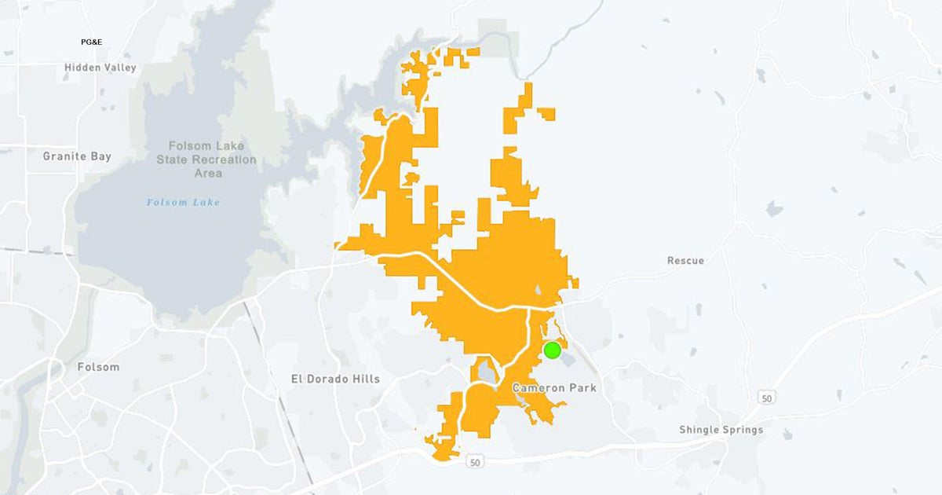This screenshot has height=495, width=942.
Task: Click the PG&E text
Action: pos(91,41)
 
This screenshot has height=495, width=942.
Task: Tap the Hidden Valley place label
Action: pos(100,68)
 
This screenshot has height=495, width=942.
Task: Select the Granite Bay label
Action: pos(77,156)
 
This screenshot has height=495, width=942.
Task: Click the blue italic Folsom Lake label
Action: pos(184,203)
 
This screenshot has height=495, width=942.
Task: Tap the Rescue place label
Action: pos(685,260)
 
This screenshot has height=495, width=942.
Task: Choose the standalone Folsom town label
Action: pos(98,367)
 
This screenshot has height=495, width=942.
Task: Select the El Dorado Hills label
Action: pos(335,379)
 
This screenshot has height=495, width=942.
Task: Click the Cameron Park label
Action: pos(554,388)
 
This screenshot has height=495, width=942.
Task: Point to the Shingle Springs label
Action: pos(721,430)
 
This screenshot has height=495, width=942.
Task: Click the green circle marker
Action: pos(552,350)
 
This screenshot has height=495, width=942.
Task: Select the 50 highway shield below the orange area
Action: pos(473,463)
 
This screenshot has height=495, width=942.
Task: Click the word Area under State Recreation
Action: pos(206,173)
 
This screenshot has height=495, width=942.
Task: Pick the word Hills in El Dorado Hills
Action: pos(365,379)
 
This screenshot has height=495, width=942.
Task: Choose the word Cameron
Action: pos(536,388)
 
